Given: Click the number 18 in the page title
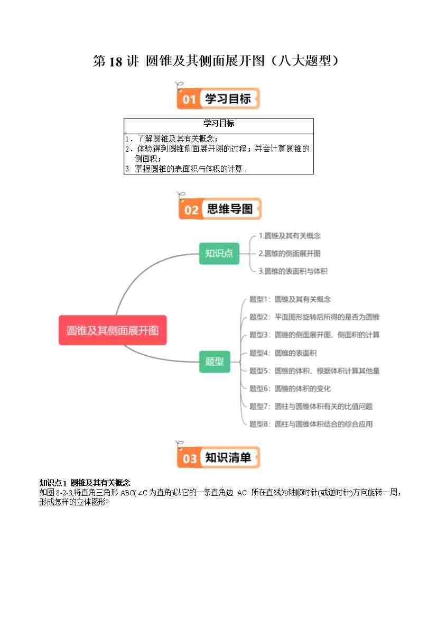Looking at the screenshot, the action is click(x=115, y=61).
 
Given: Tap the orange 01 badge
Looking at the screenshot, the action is click(x=189, y=98).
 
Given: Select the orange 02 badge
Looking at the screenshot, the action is click(x=191, y=209).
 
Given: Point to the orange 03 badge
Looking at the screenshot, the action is click(x=190, y=458).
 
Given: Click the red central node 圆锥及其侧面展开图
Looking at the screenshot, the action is click(x=113, y=330).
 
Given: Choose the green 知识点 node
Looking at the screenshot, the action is click(x=219, y=253).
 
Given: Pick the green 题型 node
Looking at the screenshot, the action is click(x=215, y=362).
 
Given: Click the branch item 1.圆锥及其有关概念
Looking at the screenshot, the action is click(x=290, y=236).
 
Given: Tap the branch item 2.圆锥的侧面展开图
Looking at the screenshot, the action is click(x=290, y=253).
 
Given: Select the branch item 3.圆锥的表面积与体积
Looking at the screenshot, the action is click(x=293, y=271).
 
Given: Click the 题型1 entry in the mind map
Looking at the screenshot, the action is click(x=290, y=300).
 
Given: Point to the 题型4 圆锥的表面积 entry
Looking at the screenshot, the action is click(x=283, y=353).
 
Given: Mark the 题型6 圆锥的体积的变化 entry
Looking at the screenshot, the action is click(x=290, y=389).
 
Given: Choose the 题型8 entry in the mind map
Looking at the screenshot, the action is click(x=311, y=424).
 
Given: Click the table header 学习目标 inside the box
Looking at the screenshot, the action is click(x=219, y=123).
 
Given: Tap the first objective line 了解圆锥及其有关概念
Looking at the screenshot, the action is click(x=172, y=139).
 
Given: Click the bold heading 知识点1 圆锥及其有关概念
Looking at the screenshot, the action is click(x=85, y=483).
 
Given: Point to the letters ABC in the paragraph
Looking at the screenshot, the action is click(x=126, y=493).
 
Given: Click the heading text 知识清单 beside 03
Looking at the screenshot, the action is click(x=228, y=457).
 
